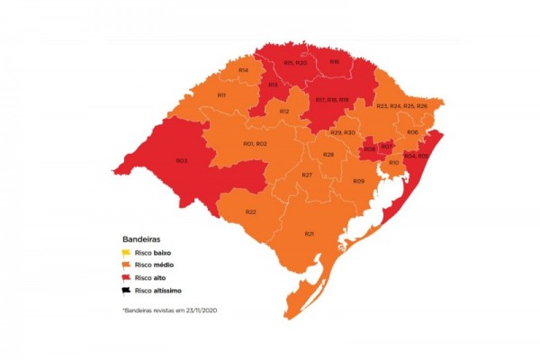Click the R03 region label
pos(181,161)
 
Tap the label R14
pos(243,69)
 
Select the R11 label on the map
pos(221,94)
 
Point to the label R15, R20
pos(295,63)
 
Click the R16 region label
pos(334,61)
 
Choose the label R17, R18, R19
pos(331,99)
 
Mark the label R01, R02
pos(255,144)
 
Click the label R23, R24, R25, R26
pos(401,106)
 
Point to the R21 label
pos(309,233)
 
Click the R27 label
pos(306,175)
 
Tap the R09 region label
pos(358,182)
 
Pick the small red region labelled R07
pos(385,146)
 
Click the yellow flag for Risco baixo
pos(129,253)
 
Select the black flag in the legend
pos(129,291)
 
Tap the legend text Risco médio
pos(157,266)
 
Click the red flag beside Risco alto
pos(129,278)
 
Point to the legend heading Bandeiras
pos(142,239)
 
